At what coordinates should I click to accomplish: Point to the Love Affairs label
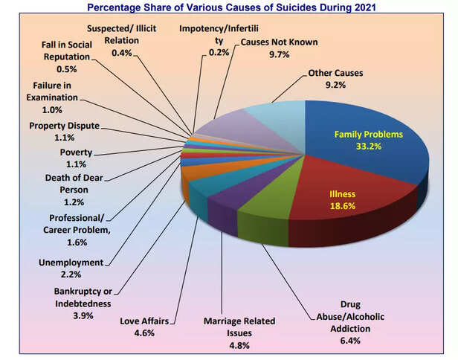tap(144, 321)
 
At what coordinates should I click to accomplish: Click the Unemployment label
tap(72, 262)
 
